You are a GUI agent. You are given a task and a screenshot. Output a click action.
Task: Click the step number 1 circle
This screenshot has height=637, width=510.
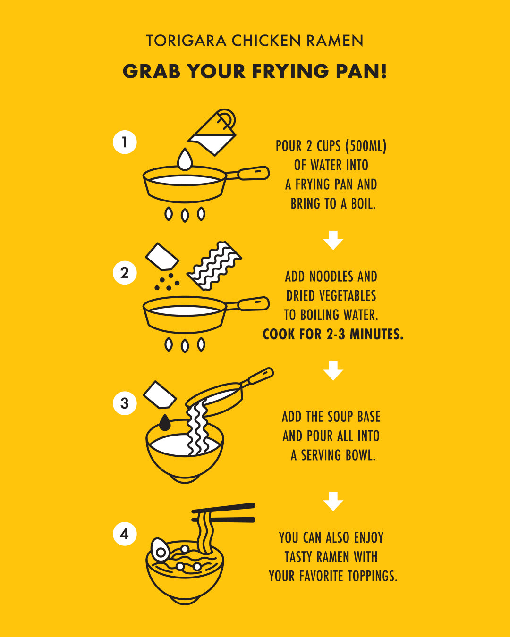pos(125,142)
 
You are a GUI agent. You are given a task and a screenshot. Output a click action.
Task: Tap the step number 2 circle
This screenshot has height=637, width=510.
pos(125,273)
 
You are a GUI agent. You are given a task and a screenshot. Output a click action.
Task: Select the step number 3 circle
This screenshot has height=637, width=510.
pos(125,403)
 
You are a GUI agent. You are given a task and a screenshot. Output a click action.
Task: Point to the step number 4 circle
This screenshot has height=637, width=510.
pos(125,534)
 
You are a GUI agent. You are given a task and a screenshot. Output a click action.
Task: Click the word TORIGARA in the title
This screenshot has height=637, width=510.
pos(186,41)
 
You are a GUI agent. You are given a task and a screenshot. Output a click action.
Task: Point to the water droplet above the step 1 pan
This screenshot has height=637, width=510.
pos(185,159)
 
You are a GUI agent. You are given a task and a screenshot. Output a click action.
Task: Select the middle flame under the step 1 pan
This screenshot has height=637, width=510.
pos(185,215)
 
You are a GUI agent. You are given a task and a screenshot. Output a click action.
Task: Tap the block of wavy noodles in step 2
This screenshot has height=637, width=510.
pos(214,266)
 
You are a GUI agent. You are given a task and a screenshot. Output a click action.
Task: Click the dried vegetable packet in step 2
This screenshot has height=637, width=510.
pos(162,257)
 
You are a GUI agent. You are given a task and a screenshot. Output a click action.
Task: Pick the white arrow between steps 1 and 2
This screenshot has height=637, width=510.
pos(333,240)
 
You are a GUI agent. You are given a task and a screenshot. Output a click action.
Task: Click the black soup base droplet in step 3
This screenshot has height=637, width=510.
pos(165,422)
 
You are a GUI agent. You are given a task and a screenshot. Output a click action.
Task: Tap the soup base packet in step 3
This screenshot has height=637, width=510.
pos(160,395)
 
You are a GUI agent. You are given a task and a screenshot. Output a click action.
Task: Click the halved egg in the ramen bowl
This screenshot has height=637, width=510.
pos(161,550)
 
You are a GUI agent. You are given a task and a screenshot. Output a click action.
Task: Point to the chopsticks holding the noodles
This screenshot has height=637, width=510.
pos(223,513)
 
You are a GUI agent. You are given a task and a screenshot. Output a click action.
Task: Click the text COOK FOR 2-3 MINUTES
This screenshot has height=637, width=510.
pos(333,334)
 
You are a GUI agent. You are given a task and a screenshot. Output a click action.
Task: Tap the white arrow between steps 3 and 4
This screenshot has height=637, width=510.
pos(333,502)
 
